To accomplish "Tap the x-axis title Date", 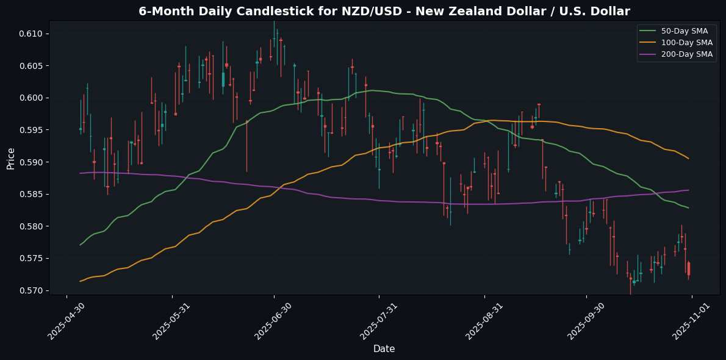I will (x=384, y=349).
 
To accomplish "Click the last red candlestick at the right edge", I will (x=688, y=268).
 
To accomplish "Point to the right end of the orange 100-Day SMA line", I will (x=689, y=159).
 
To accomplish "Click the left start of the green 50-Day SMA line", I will (x=81, y=245).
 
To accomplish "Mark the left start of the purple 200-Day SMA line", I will (x=81, y=173).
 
